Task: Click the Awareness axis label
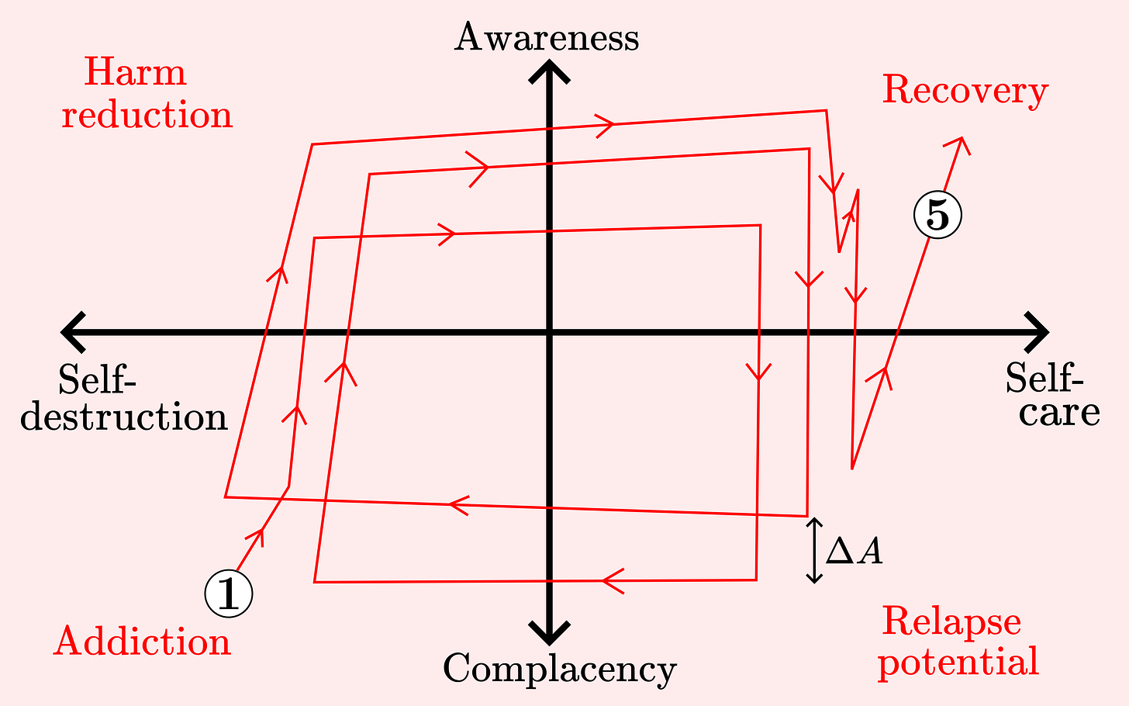(547, 37)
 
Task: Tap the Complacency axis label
(559, 668)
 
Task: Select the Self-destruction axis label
(123, 399)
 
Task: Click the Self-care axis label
(1052, 395)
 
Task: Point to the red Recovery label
(965, 90)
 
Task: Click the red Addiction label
(143, 642)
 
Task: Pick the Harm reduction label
(147, 94)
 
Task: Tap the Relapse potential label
(958, 642)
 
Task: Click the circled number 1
(229, 594)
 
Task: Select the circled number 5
(937, 215)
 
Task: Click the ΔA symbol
(854, 552)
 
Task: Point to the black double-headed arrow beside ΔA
(813, 551)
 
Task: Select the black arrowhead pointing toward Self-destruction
(72, 333)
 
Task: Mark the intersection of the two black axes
(550, 333)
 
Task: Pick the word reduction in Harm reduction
(147, 115)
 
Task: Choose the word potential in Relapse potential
(958, 662)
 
